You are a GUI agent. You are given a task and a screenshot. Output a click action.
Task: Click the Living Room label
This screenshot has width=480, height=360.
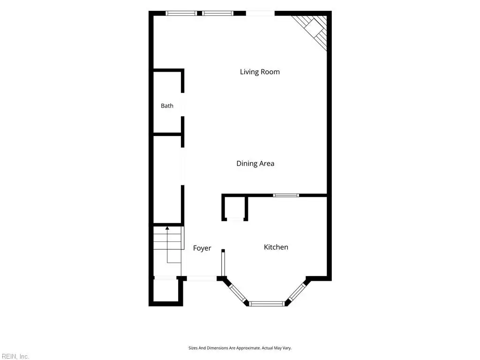click(260, 72)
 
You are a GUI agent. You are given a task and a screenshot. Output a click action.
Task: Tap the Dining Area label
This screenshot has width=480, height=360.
click(255, 164)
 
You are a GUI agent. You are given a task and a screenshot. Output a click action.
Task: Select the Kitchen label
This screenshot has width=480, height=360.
click(276, 247)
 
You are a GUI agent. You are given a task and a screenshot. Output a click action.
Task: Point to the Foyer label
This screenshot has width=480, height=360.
click(202, 248)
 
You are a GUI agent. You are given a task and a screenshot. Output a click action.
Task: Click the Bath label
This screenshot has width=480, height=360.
click(167, 105)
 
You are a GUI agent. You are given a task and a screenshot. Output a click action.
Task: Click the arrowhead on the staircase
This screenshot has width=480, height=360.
click(167, 228)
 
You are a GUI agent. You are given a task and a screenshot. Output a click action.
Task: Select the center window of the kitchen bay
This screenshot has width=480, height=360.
click(266, 304)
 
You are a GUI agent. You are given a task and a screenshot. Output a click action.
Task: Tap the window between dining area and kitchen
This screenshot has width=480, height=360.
click(286, 195)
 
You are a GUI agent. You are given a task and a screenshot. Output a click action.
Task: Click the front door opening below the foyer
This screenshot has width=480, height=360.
click(202, 278)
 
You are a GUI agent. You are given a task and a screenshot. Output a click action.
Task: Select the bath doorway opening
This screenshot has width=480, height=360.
click(182, 105)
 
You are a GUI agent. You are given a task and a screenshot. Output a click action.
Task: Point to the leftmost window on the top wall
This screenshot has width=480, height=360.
click(181, 13)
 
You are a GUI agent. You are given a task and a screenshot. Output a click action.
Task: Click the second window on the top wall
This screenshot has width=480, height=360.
click(217, 13)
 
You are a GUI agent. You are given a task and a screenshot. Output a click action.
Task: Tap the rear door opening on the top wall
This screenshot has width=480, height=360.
click(260, 13)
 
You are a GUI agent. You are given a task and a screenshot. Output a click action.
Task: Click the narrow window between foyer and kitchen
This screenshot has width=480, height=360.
click(223, 264)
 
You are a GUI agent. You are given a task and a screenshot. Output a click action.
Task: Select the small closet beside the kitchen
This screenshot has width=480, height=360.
click(235, 208)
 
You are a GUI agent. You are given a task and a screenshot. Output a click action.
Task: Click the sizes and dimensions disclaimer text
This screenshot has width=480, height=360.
click(240, 348)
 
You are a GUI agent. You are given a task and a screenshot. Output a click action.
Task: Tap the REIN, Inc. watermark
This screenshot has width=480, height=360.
click(15, 356)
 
